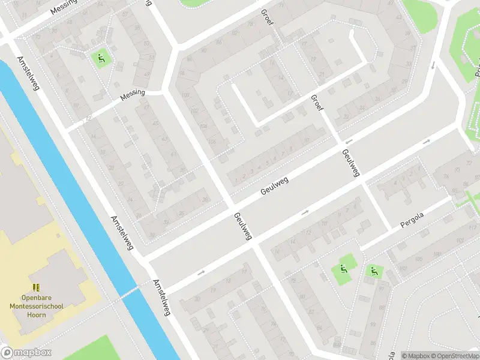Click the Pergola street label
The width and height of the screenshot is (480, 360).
coord(412,220)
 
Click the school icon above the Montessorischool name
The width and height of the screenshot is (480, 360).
coord(36,287)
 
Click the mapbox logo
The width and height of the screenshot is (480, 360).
coord(26,353)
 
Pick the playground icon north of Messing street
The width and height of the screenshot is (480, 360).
coord(101,58)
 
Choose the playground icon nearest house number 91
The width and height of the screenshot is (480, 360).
coord(373,271)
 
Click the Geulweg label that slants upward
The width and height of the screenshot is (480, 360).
coord(275,185)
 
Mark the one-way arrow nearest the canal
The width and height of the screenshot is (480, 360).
coord(200,273)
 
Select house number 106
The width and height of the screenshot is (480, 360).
coord(204,126)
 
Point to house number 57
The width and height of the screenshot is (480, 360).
coord(146,43)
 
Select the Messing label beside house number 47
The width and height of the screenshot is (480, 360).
coord(133,97)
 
